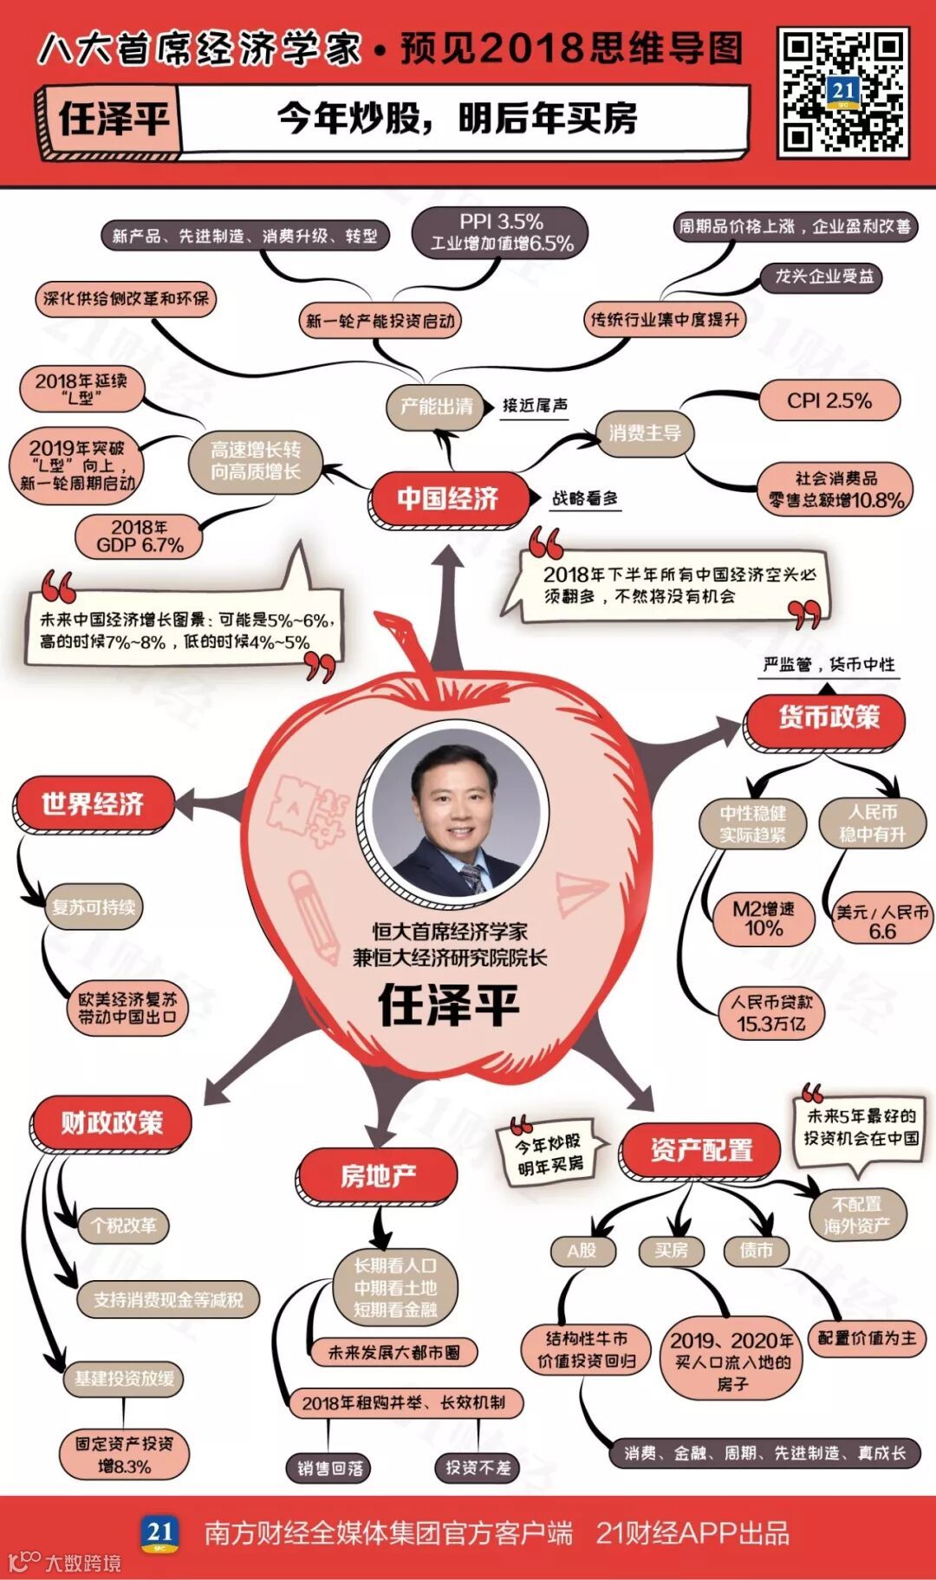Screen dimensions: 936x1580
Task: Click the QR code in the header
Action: (842, 92)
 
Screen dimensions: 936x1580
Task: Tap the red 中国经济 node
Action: (448, 498)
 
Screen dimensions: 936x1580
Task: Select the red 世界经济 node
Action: (93, 803)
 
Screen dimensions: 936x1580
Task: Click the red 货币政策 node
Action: (828, 718)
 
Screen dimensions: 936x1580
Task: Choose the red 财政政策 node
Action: (112, 1122)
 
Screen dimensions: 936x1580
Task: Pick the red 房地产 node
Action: (378, 1175)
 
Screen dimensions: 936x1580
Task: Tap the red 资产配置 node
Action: (701, 1150)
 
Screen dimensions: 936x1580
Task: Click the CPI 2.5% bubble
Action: (829, 401)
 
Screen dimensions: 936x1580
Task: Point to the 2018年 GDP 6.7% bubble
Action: (140, 536)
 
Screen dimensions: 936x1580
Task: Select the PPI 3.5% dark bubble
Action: (502, 233)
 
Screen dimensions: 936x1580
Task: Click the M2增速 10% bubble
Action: (763, 919)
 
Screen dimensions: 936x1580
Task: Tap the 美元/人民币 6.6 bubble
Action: (881, 921)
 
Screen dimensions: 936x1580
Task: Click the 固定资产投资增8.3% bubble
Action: (124, 1454)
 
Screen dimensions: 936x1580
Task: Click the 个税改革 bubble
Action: (123, 1226)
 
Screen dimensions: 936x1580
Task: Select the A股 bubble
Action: (582, 1251)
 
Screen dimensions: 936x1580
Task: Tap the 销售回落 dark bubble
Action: (330, 1468)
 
